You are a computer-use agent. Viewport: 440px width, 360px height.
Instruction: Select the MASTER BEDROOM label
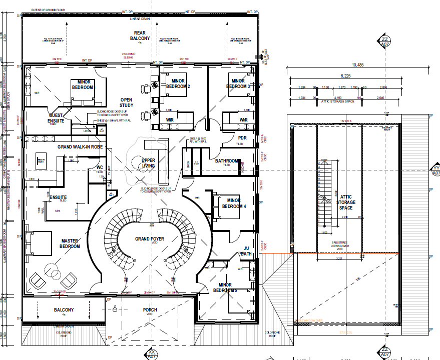click(70, 243)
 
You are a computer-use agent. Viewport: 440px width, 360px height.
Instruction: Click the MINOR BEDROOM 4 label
click(234, 203)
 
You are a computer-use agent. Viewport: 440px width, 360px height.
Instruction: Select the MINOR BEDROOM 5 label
click(224, 287)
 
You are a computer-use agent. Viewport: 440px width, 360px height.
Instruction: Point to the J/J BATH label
click(246, 250)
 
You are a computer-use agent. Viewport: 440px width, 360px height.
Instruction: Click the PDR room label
click(242, 138)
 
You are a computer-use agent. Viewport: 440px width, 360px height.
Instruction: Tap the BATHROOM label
click(227, 161)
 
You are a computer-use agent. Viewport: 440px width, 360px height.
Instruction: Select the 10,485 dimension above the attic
click(357, 65)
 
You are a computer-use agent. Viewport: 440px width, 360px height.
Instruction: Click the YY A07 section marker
click(434, 169)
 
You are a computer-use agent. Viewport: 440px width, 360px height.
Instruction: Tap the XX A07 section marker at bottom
click(152, 355)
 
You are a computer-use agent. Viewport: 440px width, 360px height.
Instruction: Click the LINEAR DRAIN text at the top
click(140, 19)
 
